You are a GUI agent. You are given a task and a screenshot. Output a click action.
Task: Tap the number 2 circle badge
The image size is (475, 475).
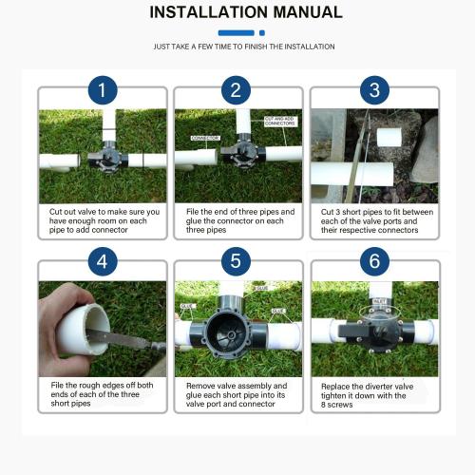tap(237, 91)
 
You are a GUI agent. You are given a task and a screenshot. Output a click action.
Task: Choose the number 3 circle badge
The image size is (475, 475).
tap(373, 91)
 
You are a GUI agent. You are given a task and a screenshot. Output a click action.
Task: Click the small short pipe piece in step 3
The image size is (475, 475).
tap(391, 137)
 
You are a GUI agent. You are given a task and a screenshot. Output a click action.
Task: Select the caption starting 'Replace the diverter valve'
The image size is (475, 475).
tap(373, 394)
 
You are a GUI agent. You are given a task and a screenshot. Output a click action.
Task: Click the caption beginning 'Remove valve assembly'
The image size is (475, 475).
tap(237, 394)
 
